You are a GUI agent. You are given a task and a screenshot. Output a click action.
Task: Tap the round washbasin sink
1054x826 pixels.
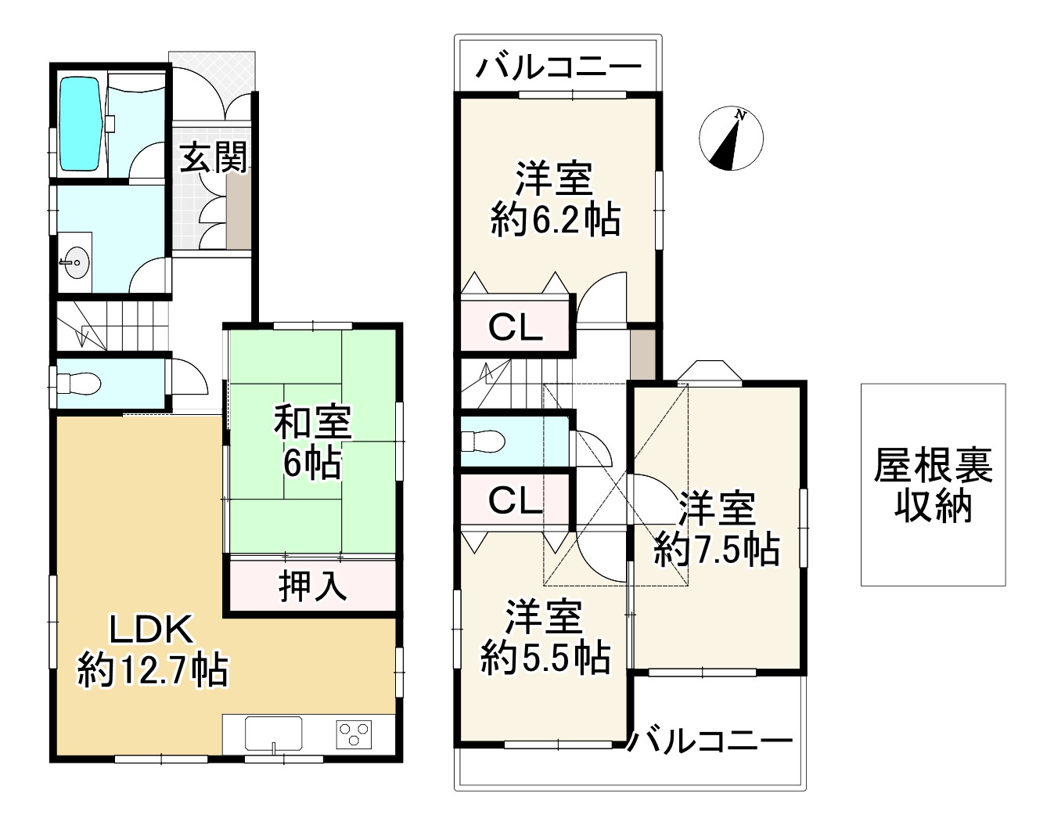point(77,262)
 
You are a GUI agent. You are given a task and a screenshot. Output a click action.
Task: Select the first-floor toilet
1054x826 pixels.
point(78,384)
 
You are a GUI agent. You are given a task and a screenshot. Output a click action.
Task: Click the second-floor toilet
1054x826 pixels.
point(483,441)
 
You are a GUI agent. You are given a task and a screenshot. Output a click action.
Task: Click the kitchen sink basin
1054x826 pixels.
point(274,734)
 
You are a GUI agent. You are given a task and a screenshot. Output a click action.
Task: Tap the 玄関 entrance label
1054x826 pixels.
point(214,157)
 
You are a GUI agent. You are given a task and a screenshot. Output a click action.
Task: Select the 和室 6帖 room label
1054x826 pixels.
point(313,442)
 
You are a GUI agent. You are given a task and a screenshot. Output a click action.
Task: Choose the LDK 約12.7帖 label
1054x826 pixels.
point(153,651)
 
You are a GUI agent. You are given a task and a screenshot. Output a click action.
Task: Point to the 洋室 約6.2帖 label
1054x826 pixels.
point(556,200)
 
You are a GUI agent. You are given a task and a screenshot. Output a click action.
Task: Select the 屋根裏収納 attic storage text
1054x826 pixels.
point(933,485)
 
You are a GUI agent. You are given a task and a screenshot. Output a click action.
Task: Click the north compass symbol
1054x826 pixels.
point(732,139)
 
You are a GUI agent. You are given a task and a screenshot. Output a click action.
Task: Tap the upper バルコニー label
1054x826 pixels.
point(559,67)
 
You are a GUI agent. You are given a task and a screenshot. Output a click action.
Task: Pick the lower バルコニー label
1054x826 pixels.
point(710,741)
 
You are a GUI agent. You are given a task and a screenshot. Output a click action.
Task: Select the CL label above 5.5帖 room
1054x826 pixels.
point(515,500)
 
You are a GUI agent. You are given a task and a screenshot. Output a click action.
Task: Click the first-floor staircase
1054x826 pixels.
point(113,326)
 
